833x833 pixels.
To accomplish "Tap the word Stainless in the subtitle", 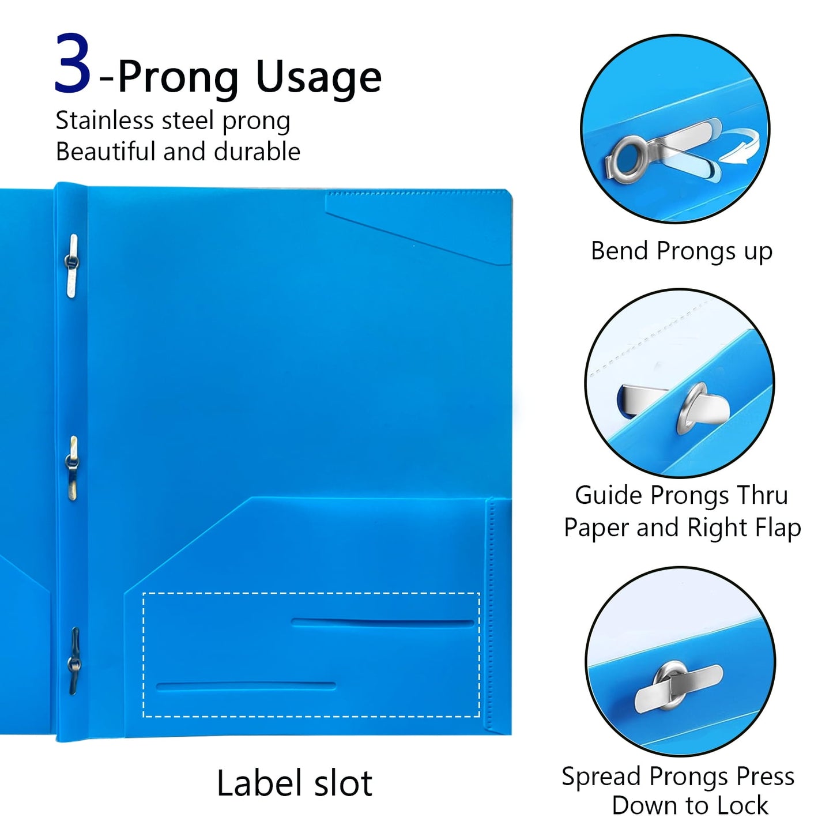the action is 104,120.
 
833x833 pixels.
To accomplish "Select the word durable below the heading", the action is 257,152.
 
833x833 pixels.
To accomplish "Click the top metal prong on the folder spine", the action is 71,265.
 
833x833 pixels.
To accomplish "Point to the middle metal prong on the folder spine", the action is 72,468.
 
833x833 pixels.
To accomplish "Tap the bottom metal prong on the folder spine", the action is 74,661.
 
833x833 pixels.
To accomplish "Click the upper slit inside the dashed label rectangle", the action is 383,623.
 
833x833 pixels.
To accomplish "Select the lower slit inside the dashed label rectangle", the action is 246,687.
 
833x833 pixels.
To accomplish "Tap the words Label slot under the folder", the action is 295,783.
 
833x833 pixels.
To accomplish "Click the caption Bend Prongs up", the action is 681,251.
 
